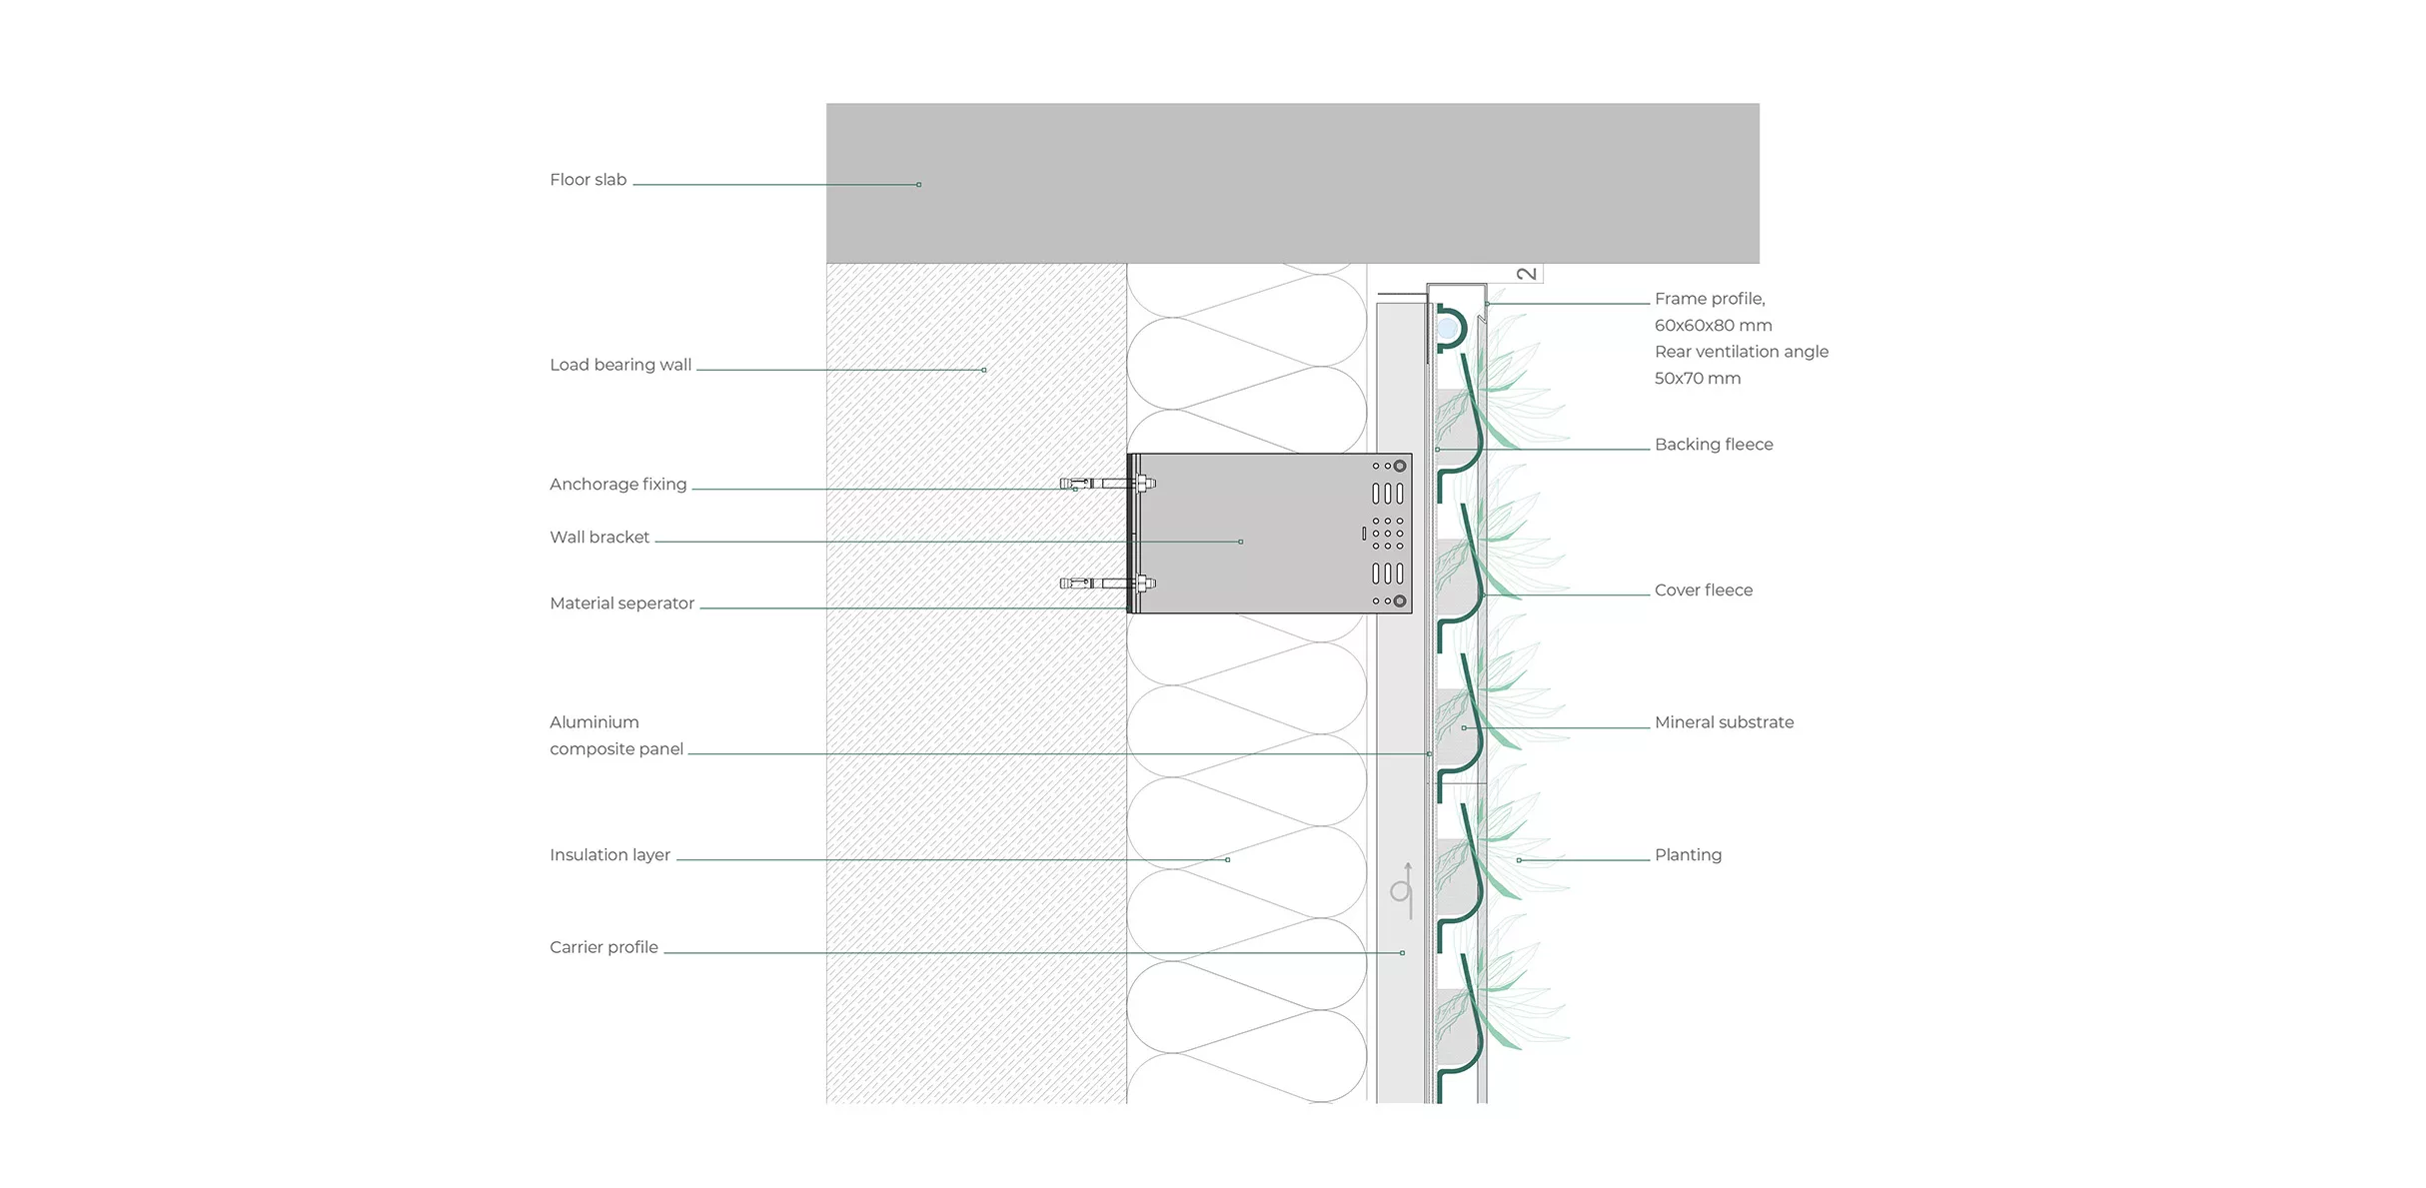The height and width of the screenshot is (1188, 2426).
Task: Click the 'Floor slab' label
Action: tap(588, 180)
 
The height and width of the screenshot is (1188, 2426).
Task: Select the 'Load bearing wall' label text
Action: tap(619, 365)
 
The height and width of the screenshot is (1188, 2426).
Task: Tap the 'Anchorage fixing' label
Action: tap(617, 485)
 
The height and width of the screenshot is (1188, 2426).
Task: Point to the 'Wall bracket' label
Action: tap(599, 538)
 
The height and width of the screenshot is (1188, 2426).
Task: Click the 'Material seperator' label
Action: tap(621, 603)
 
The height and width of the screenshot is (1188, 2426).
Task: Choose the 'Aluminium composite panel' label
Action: tap(615, 735)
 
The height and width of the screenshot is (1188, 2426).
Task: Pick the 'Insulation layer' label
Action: tap(609, 855)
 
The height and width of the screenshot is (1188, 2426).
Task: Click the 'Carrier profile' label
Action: tap(604, 947)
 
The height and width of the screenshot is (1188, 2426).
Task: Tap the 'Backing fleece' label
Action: tap(1713, 445)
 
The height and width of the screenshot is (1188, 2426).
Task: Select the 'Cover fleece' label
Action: tap(1703, 591)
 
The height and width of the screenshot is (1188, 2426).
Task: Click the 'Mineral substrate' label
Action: tap(1724, 722)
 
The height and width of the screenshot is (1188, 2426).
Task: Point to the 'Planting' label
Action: tap(1688, 855)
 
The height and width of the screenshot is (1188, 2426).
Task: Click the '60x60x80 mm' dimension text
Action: tap(1713, 326)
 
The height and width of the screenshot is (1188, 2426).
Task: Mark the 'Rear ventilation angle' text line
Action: tap(1741, 352)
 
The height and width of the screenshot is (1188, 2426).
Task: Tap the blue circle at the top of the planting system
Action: tap(1446, 328)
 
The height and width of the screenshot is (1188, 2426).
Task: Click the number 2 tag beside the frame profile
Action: tap(1526, 274)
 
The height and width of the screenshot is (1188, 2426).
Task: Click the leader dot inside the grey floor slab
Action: tap(919, 185)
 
